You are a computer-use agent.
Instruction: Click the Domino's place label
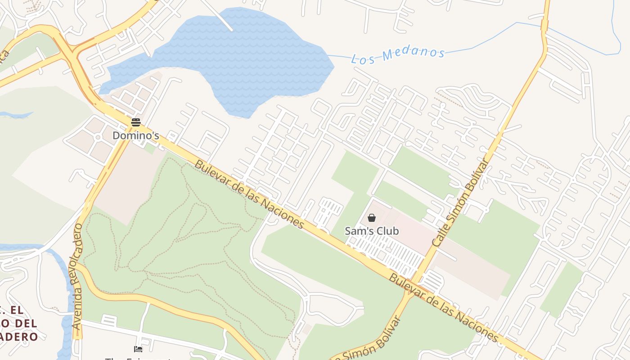135,135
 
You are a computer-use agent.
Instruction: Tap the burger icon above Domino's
135,122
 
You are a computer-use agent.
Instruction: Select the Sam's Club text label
372,231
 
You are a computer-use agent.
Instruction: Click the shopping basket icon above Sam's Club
372,218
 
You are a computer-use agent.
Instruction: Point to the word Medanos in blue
414,53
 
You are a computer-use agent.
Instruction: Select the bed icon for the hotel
138,349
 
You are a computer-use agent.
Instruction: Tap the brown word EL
17,310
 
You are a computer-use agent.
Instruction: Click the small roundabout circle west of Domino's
98,137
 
